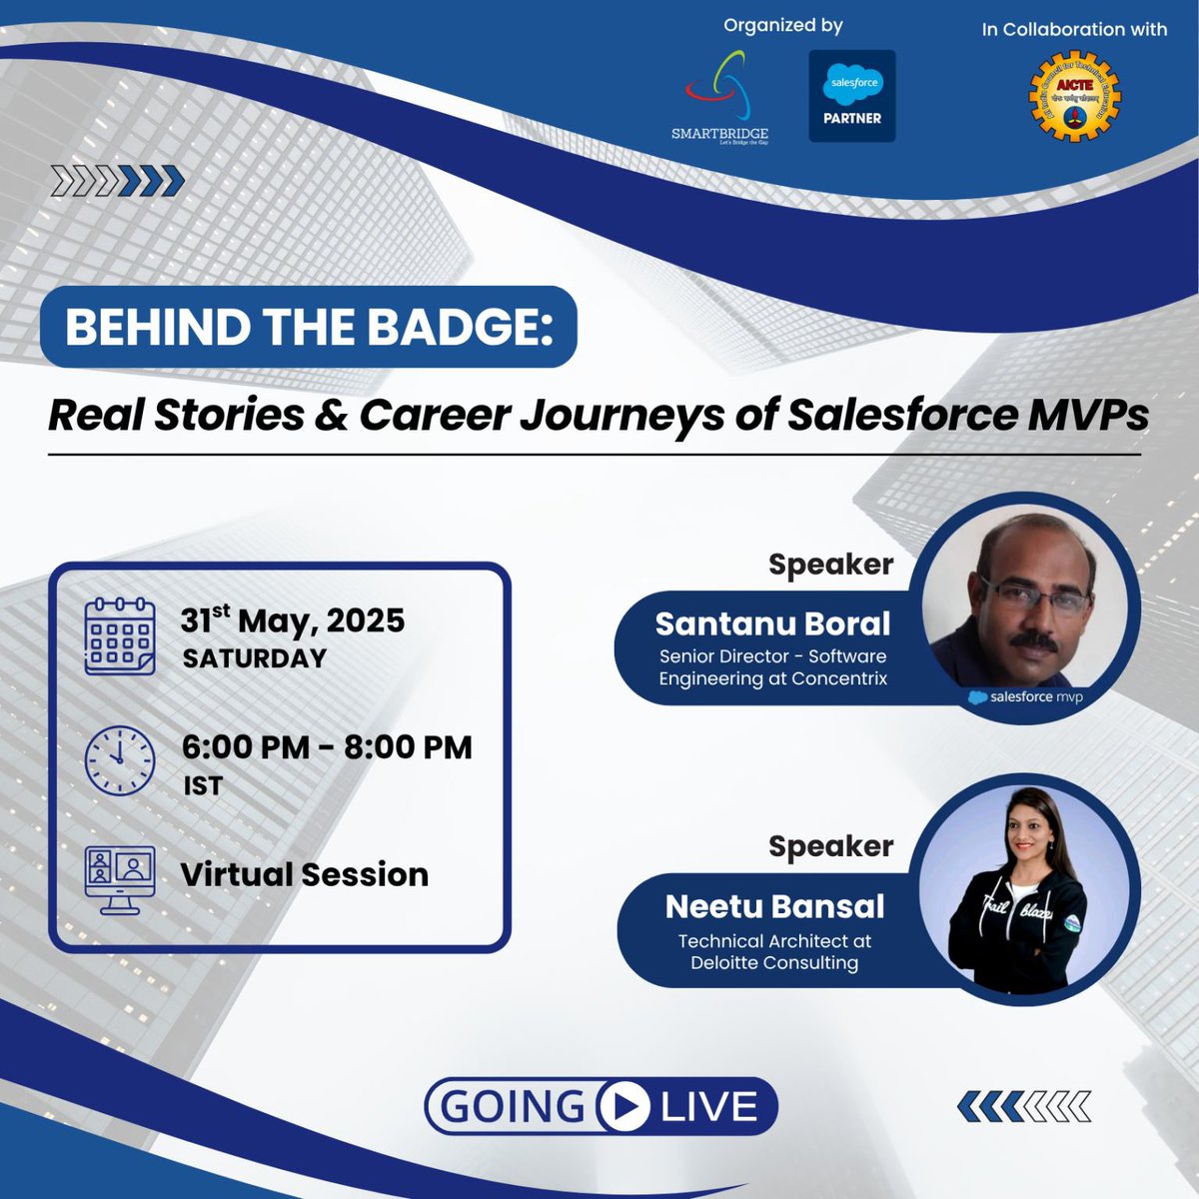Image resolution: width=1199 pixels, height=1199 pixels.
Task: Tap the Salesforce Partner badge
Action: click(851, 96)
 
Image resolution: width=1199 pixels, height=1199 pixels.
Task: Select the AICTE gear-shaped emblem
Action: click(1074, 98)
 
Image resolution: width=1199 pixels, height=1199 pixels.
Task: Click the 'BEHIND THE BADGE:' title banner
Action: click(309, 328)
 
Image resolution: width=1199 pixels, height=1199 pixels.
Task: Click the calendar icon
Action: click(119, 636)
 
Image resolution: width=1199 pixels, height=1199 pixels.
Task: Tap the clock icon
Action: click(119, 760)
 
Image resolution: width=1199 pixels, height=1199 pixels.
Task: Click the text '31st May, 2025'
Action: click(293, 620)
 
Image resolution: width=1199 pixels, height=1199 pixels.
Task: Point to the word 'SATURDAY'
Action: click(255, 658)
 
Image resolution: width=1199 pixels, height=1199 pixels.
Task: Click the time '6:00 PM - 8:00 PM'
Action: click(327, 747)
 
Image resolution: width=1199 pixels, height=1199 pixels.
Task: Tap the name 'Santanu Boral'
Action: click(772, 623)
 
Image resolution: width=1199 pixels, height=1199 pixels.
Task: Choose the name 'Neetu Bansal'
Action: click(774, 906)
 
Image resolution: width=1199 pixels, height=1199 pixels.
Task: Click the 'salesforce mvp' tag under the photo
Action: click(1026, 696)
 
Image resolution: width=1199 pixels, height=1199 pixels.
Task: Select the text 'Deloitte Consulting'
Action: click(774, 963)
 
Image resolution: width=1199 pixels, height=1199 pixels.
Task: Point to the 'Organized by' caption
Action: click(782, 25)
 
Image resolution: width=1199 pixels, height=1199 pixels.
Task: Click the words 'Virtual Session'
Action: click(305, 874)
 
